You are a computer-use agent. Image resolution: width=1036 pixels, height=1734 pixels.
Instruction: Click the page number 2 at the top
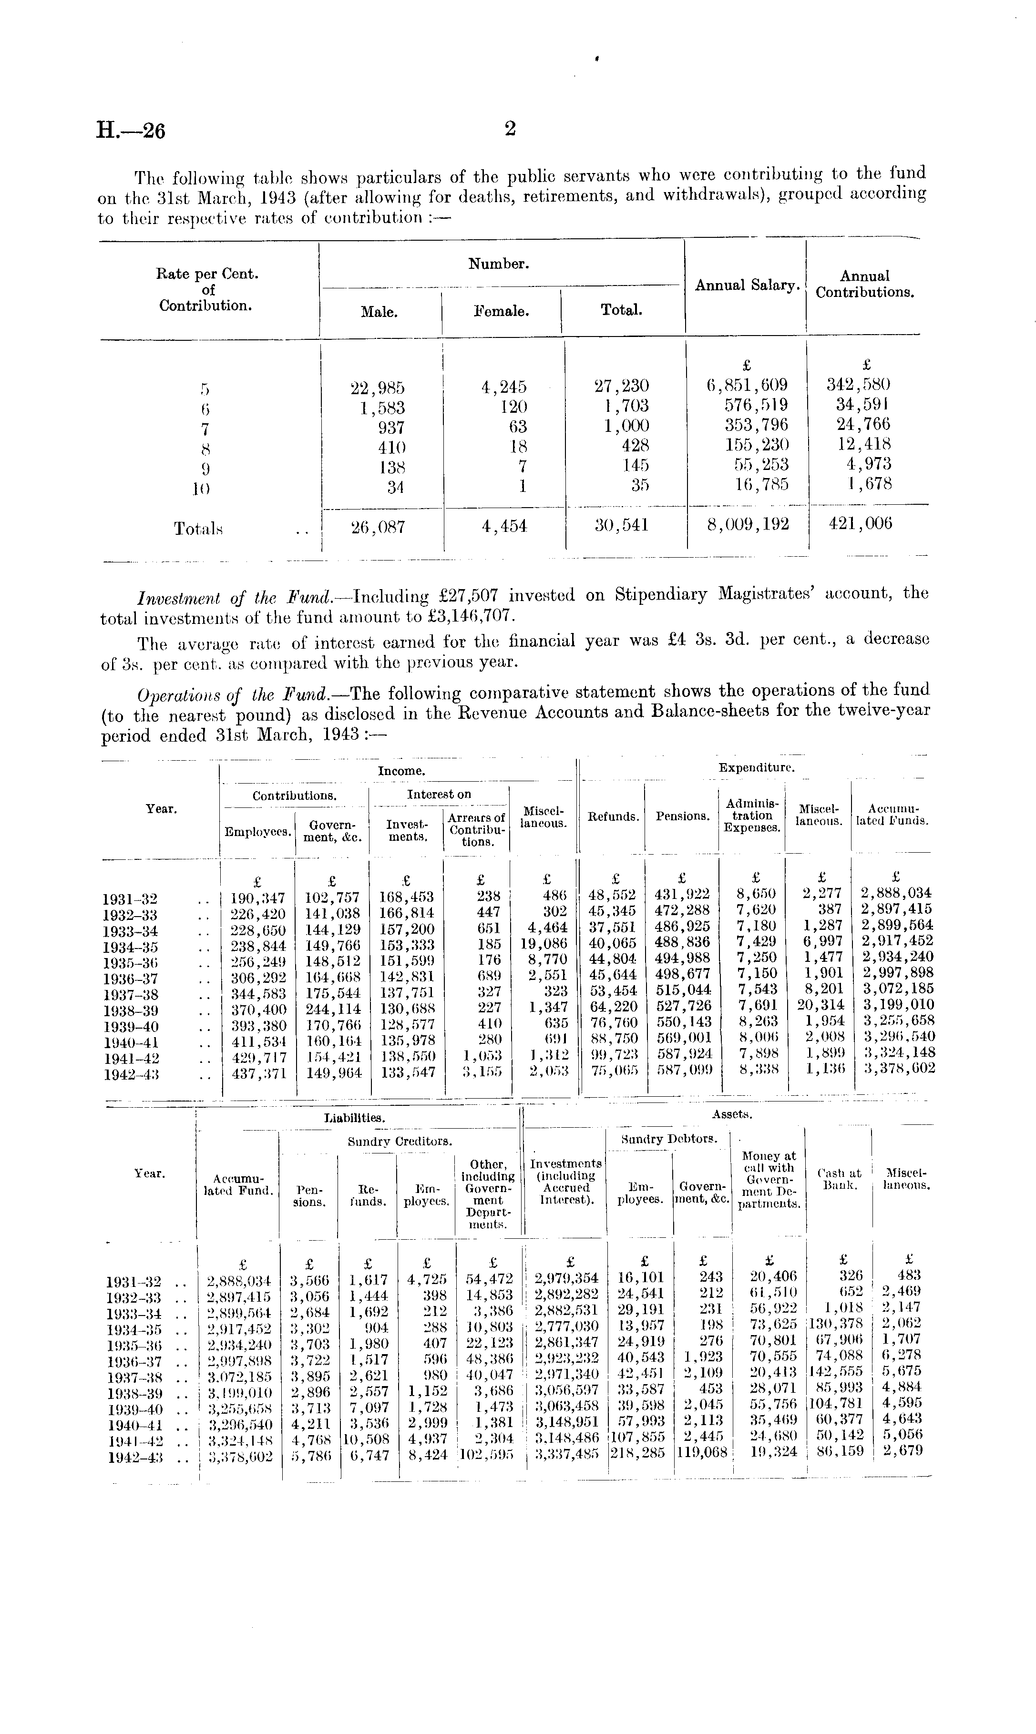[510, 128]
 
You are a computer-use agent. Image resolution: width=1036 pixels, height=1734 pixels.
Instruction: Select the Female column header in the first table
[501, 312]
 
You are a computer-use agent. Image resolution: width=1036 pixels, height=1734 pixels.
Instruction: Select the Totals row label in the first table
[198, 529]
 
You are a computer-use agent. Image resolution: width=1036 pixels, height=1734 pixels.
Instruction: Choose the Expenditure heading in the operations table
[756, 767]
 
